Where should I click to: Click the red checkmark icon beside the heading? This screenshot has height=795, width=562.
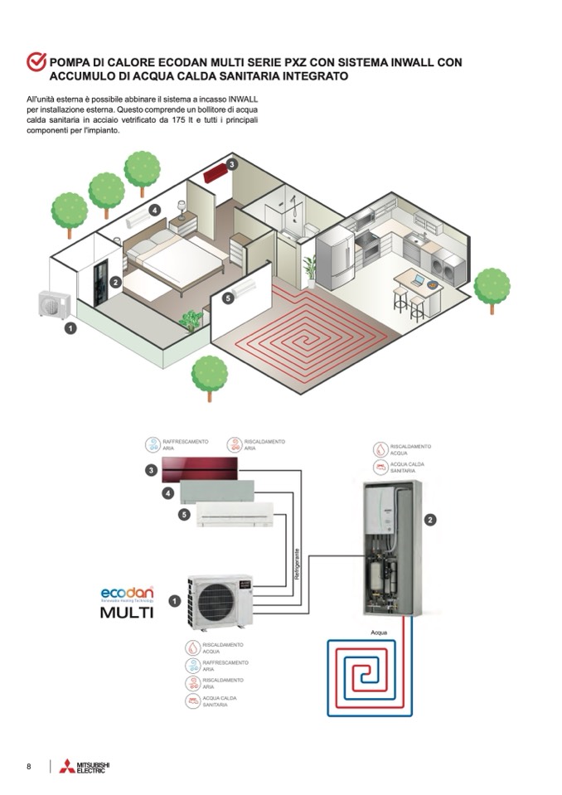36,62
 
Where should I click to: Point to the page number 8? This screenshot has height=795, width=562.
29,766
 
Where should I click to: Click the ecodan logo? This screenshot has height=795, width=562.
127,594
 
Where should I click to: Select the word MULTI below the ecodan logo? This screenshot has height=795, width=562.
127,613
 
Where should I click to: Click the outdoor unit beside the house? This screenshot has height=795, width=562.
56,304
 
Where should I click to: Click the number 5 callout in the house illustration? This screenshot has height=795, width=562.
217,298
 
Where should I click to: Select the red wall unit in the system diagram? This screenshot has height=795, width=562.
200,468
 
